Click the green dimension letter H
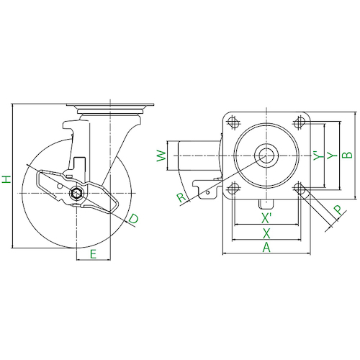[6, 179]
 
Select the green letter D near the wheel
[133, 218]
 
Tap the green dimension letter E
[93, 254]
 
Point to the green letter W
[161, 156]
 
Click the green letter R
[181, 197]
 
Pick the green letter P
[338, 210]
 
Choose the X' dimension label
[266, 218]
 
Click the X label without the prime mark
[266, 233]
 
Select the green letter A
[266, 248]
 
